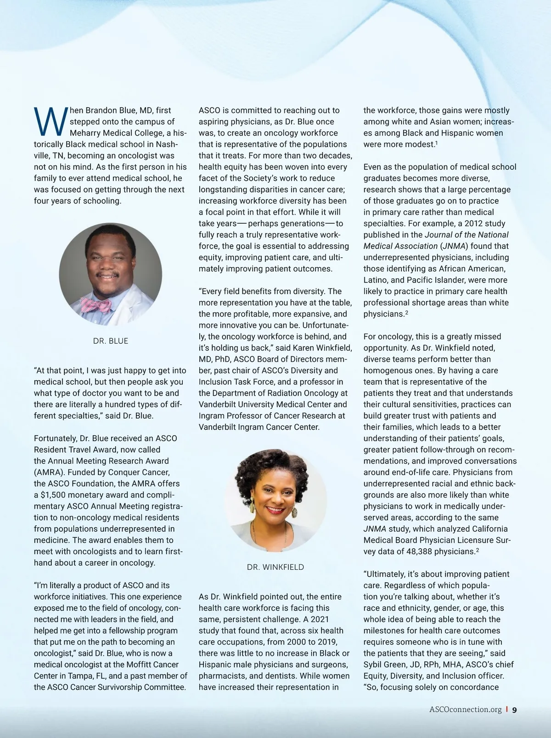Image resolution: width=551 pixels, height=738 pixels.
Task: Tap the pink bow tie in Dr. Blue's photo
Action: coord(96,305)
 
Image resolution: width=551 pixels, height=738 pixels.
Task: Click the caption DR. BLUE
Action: coord(111,341)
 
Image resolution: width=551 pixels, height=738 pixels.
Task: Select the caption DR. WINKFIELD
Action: coord(275,567)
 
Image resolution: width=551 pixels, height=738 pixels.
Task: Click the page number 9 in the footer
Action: coord(514,710)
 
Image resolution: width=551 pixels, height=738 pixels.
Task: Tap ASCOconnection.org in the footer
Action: coord(465,710)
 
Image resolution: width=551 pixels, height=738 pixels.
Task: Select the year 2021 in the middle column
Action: coord(319,619)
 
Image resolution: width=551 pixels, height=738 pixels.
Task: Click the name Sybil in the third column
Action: coord(374,664)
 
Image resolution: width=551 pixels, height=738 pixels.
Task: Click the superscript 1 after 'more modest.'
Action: coord(436,142)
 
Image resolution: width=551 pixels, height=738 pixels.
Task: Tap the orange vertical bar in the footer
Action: coord(506,710)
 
